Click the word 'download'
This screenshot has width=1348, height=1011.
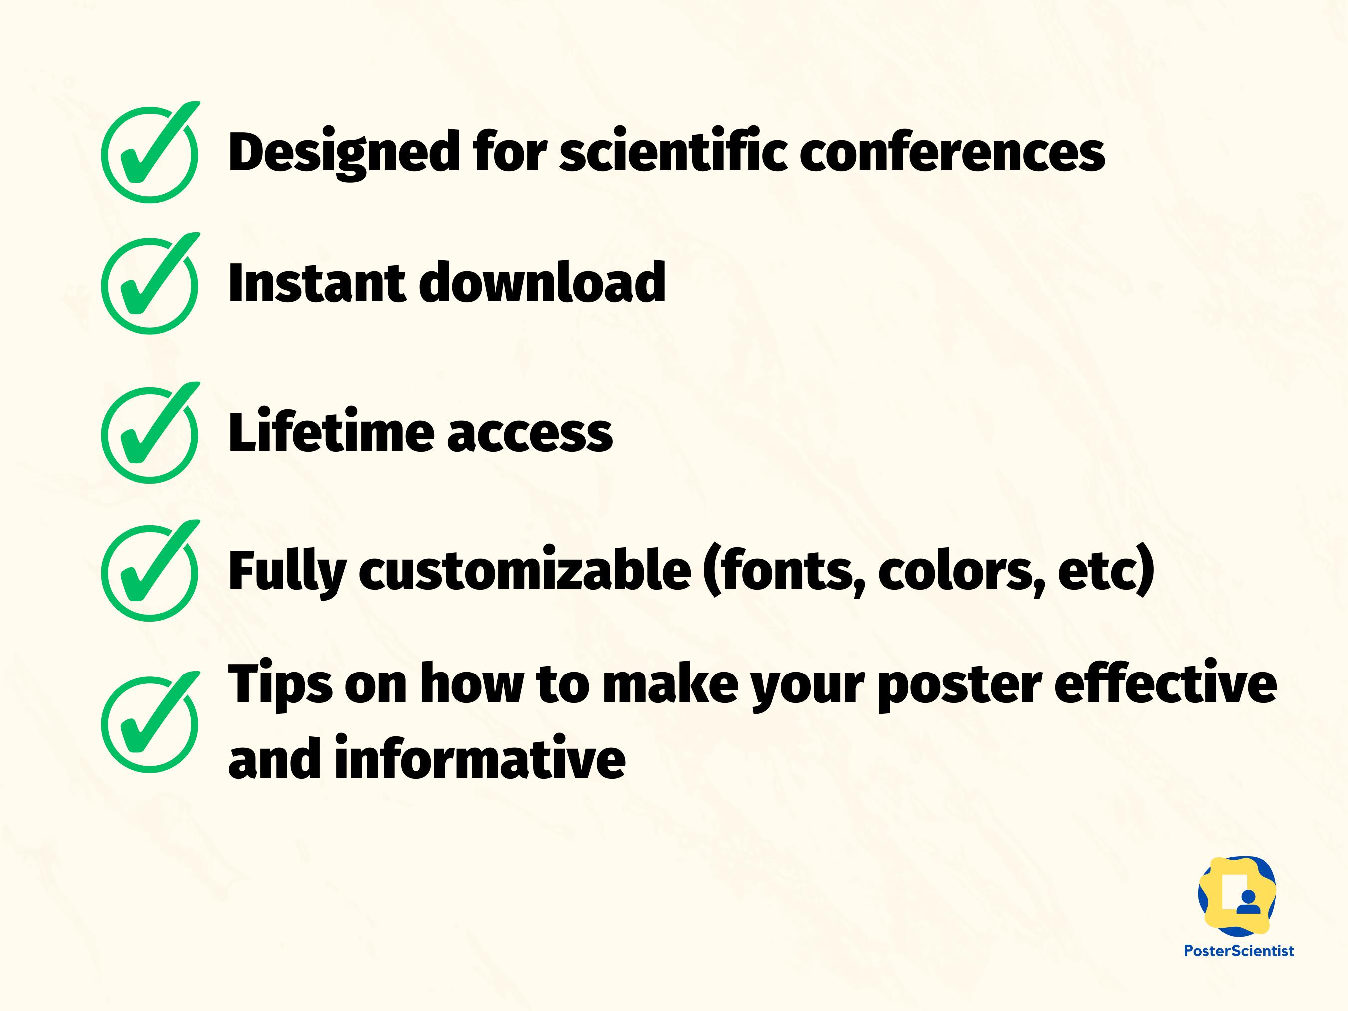(x=542, y=282)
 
